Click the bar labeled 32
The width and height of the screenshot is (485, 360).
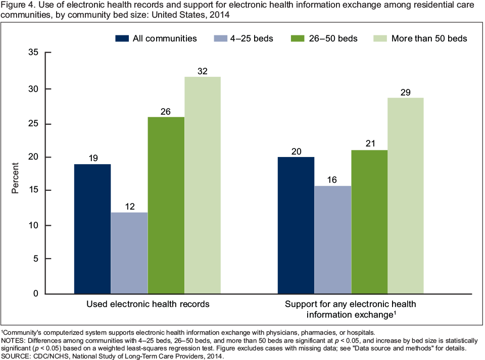point(203,185)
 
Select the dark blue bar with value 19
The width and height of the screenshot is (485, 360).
point(92,229)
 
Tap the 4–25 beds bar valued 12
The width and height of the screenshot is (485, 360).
point(129,252)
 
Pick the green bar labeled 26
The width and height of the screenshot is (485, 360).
point(166,205)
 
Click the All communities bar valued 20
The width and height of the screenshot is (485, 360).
point(296,225)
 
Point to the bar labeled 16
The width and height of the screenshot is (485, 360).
point(333,239)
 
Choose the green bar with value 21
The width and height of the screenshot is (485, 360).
point(370,222)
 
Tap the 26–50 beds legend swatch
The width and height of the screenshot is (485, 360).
point(298,38)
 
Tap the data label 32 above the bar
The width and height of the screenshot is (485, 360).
point(203,71)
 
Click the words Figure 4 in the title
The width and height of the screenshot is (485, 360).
point(17,6)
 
